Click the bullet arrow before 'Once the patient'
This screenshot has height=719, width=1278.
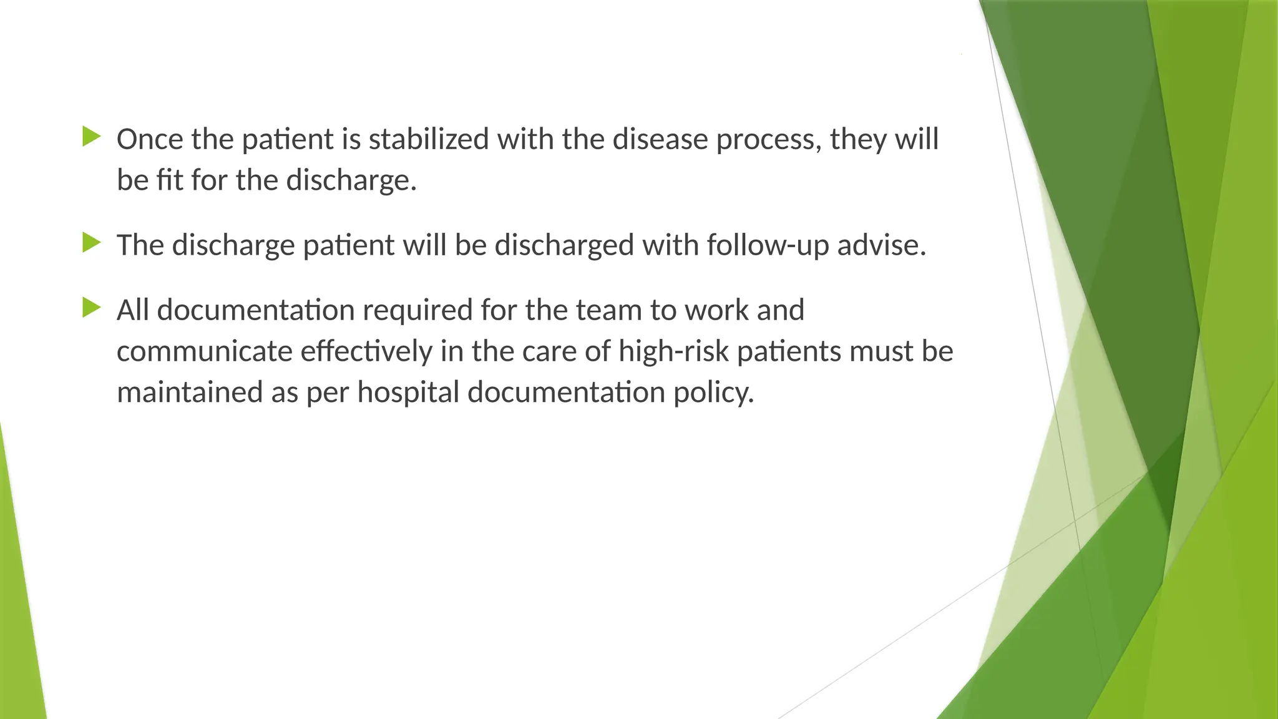click(91, 137)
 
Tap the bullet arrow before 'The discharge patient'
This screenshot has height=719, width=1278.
click(91, 243)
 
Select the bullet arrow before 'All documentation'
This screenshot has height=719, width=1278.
click(91, 308)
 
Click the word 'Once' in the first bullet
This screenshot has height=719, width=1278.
click(150, 139)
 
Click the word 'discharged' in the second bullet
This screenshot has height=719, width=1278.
click(564, 245)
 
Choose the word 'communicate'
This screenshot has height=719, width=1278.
click(205, 351)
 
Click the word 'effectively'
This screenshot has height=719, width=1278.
click(366, 351)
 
